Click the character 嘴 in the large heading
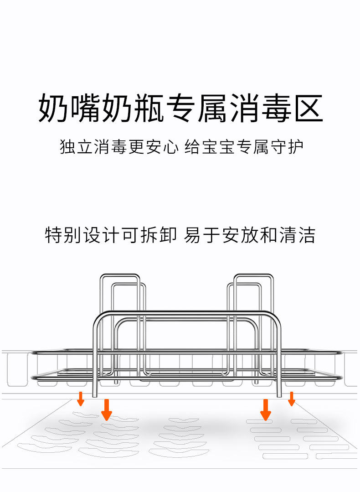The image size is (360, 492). click(85, 109)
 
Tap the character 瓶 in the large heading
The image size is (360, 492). click(147, 109)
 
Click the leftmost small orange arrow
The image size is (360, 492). click(81, 399)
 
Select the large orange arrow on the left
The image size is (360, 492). click(107, 409)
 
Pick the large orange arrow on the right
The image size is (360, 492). click(265, 409)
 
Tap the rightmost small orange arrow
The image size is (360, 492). click(292, 399)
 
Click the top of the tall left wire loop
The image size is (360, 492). click(119, 275)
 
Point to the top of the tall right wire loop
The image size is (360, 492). click(253, 275)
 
